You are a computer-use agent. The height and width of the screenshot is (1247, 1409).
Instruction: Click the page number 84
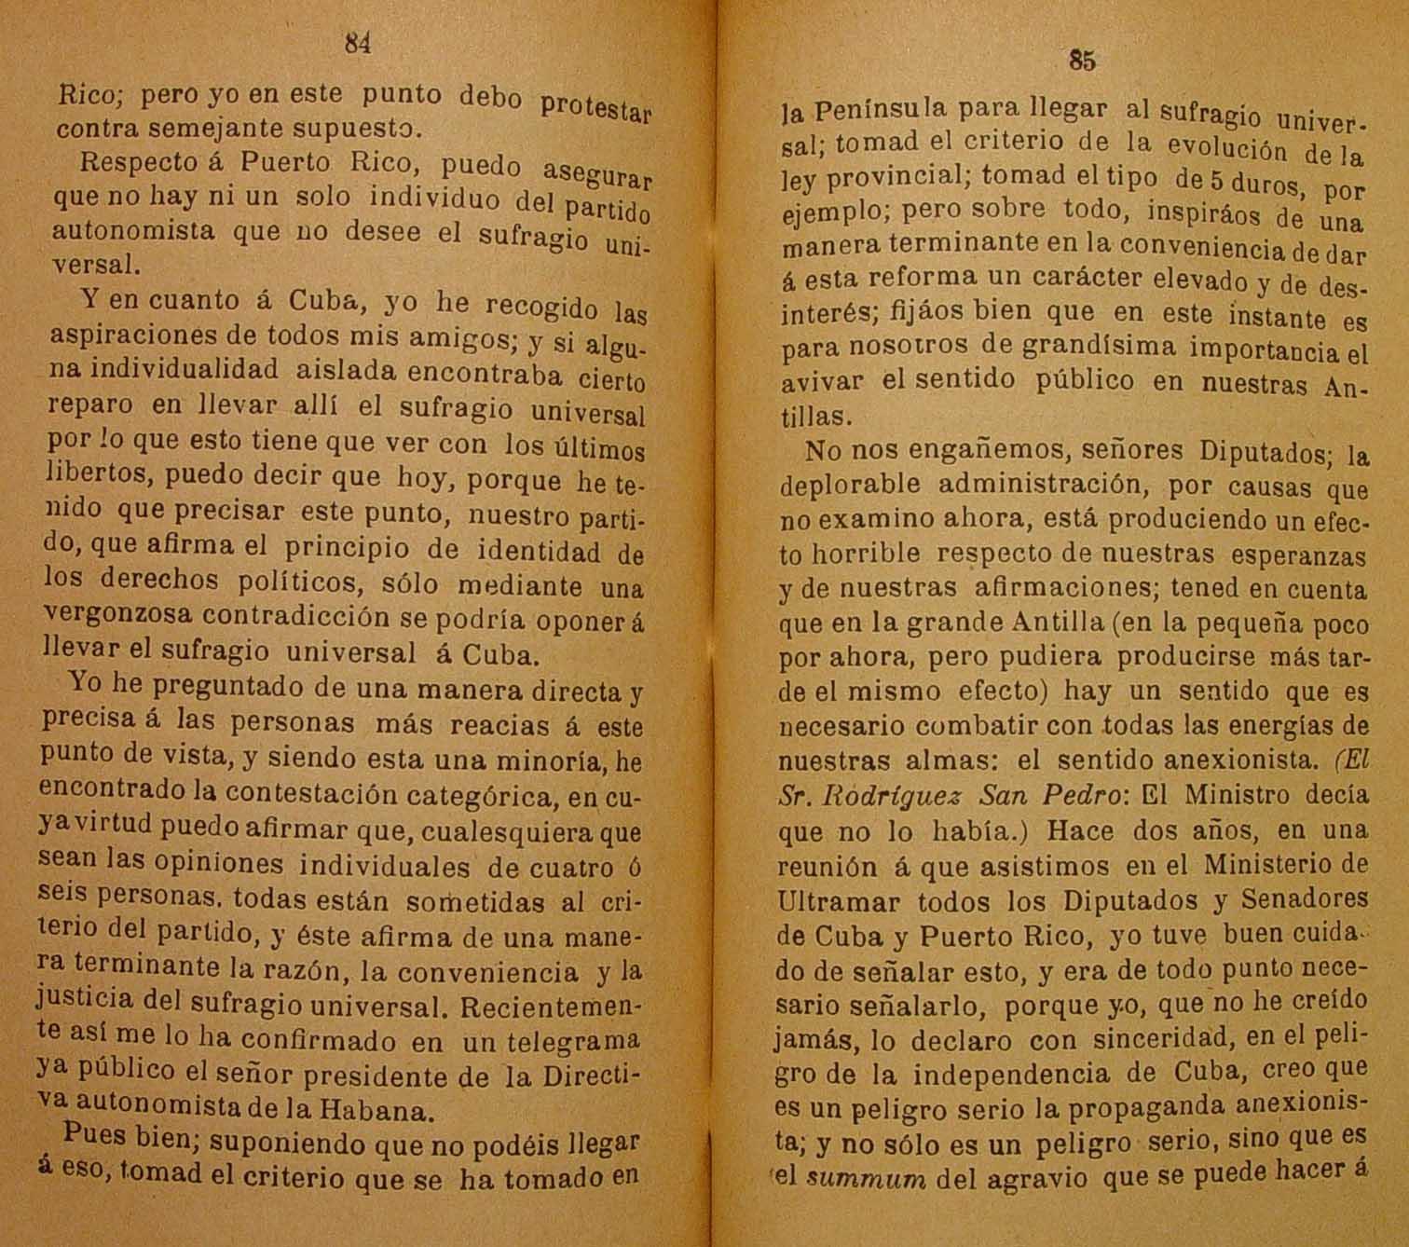point(358,44)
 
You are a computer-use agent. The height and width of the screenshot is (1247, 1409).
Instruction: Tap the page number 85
point(1081,62)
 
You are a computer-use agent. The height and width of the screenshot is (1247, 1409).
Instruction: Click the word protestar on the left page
point(596,106)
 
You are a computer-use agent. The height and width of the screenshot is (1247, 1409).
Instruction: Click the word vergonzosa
point(118,615)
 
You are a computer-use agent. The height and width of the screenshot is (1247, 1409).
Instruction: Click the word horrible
point(863,555)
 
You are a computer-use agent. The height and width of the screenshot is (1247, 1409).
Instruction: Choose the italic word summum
point(866,1178)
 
